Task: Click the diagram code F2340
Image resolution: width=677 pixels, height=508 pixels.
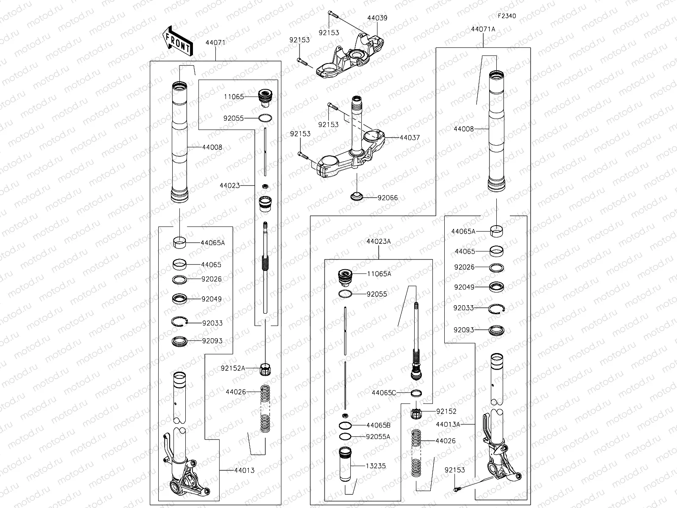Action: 506,16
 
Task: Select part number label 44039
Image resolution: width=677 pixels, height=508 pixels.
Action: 377,18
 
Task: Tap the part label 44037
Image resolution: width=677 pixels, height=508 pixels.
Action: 410,138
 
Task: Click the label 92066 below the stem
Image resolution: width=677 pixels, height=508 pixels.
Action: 388,198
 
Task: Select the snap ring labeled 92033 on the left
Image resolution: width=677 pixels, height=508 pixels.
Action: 180,322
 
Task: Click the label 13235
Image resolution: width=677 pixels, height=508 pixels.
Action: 376,466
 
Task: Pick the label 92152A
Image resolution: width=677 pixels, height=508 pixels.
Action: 233,368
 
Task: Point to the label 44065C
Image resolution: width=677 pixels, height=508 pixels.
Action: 384,392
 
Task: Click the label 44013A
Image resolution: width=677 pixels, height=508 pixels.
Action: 448,424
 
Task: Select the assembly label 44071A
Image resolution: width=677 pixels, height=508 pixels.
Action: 483,29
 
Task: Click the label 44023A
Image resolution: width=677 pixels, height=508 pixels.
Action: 379,241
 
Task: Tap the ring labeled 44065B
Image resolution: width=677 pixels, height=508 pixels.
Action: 345,425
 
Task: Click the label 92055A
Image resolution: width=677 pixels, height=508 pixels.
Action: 378,436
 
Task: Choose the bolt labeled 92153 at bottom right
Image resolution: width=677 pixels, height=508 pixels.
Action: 456,490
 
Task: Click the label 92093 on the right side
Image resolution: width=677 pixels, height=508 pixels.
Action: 464,330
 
